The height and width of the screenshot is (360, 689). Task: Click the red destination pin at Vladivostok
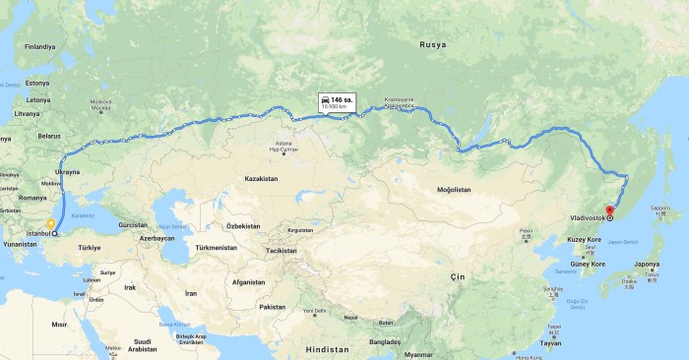(x=609, y=209)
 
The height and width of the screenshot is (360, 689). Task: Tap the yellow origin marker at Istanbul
(x=50, y=224)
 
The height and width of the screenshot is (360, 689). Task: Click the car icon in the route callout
(x=324, y=99)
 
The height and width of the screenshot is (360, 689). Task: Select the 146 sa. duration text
(x=342, y=99)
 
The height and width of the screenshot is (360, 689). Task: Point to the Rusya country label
(x=433, y=45)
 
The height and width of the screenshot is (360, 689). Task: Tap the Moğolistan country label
(x=454, y=189)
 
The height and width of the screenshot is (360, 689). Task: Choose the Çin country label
(x=456, y=278)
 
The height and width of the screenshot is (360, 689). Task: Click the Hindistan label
(x=328, y=350)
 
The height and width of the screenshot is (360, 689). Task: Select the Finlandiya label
(x=41, y=46)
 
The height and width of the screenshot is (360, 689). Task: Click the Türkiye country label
(x=91, y=247)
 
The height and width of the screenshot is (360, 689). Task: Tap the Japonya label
(x=647, y=264)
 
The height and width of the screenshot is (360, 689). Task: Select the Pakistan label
(x=272, y=307)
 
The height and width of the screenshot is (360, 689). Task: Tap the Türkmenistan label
(x=216, y=248)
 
